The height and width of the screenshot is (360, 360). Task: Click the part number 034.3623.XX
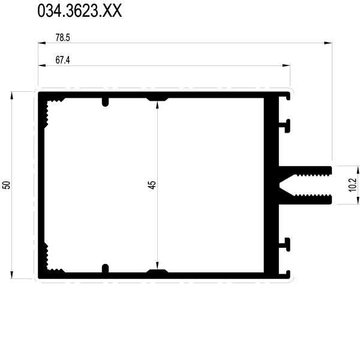coord(79,11)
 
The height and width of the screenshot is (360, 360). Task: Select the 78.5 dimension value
coord(62,37)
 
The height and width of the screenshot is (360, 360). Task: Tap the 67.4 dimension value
coord(62,60)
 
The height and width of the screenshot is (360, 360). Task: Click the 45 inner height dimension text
coord(152,185)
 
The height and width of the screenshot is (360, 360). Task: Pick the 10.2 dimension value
coord(352,185)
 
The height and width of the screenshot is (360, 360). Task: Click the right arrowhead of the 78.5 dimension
coord(328,43)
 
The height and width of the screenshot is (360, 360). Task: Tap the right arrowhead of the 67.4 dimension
coord(286,65)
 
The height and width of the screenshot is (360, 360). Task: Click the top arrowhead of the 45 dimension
coord(157,104)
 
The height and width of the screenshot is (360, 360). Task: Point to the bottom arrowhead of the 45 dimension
coord(157,265)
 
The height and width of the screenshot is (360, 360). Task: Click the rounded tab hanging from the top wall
coord(105,102)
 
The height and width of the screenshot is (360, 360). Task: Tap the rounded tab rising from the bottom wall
coord(105,268)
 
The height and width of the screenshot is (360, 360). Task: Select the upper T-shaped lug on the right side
coord(284,126)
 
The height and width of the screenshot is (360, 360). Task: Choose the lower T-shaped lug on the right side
coord(284,245)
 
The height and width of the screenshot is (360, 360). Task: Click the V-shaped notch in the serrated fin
coord(286,185)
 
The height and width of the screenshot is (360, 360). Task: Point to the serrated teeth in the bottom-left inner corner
coord(53,259)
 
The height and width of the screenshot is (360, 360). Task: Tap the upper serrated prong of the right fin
coord(305,171)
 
